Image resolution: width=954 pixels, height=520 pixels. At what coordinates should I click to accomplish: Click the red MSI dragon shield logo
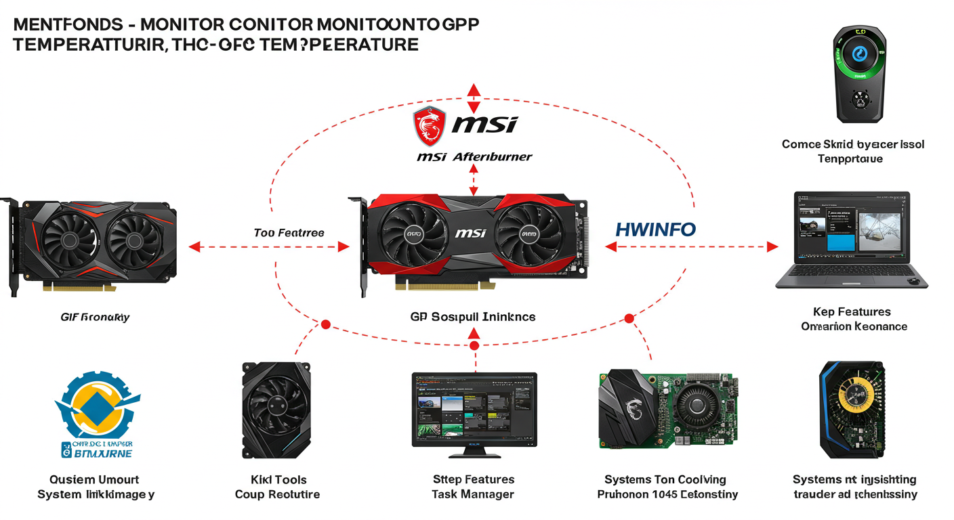[x=429, y=125]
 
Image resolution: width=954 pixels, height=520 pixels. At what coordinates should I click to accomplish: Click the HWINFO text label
[x=655, y=230]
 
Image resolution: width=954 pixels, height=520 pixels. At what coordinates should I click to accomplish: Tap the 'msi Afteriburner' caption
[x=474, y=157]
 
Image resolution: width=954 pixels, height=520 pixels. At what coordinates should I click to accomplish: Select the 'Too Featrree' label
[x=289, y=233]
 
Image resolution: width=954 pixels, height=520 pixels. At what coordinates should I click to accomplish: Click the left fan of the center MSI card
[x=412, y=234]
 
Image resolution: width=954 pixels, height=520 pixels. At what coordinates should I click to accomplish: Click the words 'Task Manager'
[x=472, y=495]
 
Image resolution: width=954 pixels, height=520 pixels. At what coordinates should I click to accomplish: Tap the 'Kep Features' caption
[x=852, y=312]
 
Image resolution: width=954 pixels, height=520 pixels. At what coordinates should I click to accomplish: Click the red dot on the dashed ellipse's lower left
[x=325, y=325]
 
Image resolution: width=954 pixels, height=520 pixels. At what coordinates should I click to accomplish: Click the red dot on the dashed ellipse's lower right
[x=629, y=318]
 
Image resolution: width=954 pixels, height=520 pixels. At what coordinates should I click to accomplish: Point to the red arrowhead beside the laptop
[x=772, y=247]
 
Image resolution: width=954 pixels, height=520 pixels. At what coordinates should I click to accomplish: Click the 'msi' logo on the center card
[x=470, y=234]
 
